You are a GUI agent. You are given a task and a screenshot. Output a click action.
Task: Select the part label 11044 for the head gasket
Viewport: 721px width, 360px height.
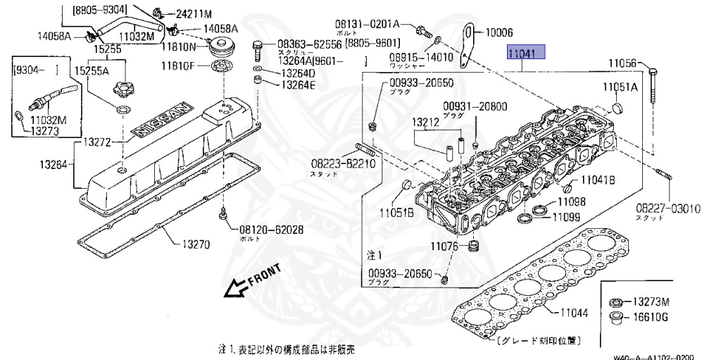576,313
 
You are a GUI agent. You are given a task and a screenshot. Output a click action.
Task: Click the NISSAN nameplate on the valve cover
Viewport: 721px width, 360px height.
163,123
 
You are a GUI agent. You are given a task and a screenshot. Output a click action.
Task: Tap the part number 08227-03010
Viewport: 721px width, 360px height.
668,209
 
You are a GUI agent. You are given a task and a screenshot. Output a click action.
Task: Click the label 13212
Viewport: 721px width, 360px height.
427,122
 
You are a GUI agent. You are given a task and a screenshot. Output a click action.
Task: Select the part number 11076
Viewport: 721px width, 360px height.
445,247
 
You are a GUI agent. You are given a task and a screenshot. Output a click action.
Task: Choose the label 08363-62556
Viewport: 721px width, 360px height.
309,44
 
